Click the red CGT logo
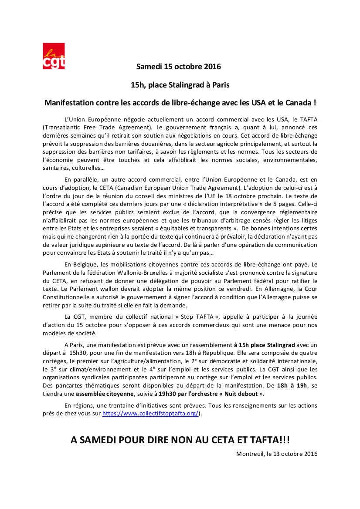pyautogui.click(x=54, y=56)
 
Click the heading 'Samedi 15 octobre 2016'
pyautogui.click(x=179, y=67)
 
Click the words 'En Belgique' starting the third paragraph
pyautogui.click(x=80, y=264)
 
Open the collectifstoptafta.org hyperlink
pyautogui.click(x=150, y=414)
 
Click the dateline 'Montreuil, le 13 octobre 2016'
pyautogui.click(x=277, y=454)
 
